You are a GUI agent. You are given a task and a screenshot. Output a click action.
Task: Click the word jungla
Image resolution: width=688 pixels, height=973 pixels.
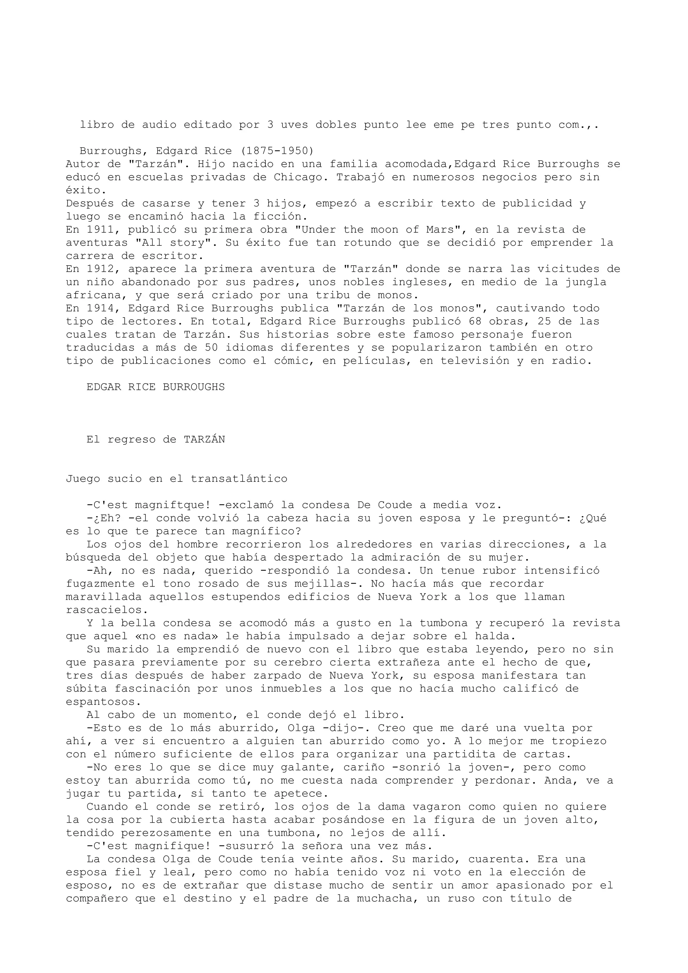pos(586,282)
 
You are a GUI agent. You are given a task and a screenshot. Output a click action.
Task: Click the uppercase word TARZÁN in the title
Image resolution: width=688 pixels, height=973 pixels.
pos(204,440)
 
